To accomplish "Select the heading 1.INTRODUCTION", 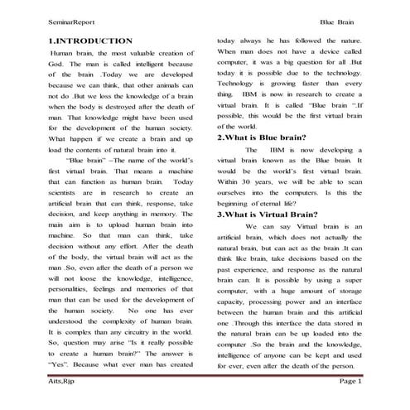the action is pyautogui.click(x=90, y=40).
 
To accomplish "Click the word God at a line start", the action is pyautogui.click(x=55, y=62).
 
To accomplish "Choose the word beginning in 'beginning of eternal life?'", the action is pyautogui.click(x=236, y=202).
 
